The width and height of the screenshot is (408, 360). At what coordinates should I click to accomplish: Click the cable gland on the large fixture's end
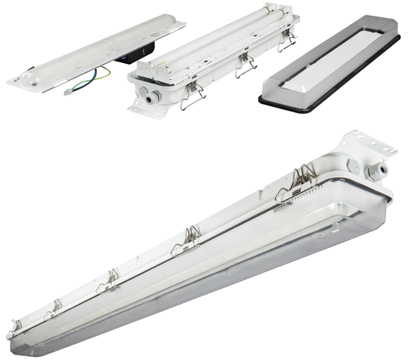point(381,169)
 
